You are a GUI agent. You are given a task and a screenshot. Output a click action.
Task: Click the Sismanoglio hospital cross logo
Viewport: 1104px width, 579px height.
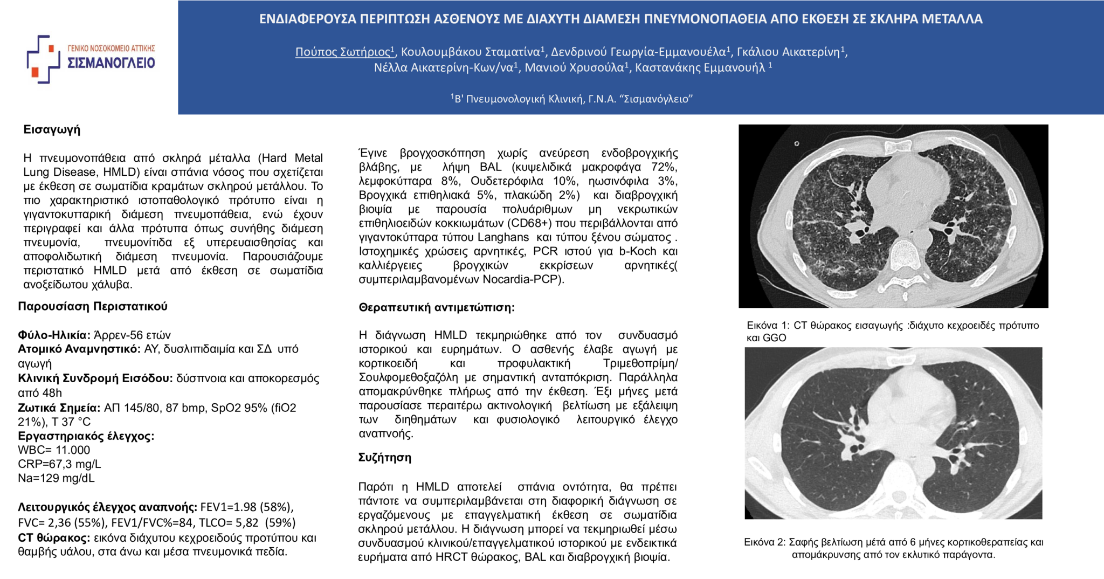coord(43,59)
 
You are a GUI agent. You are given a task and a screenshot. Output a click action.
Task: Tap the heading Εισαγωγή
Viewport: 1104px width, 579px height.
coord(52,129)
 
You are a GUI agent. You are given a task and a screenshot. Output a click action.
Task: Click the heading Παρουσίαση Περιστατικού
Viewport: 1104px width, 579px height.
coord(93,306)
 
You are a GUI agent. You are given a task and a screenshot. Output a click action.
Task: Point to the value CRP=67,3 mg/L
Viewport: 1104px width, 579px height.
coord(59,464)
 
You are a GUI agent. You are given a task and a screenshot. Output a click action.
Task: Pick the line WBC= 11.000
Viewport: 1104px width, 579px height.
coord(54,450)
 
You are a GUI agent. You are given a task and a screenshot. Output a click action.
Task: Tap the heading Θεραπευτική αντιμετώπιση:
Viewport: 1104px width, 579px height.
coord(437,307)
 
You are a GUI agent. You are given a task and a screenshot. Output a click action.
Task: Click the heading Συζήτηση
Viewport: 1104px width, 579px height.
coord(385,458)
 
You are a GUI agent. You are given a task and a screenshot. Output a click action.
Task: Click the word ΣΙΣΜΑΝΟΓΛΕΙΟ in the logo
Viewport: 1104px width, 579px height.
coord(111,63)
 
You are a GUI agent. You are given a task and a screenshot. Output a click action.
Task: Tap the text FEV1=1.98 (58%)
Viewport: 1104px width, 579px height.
coord(246,507)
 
